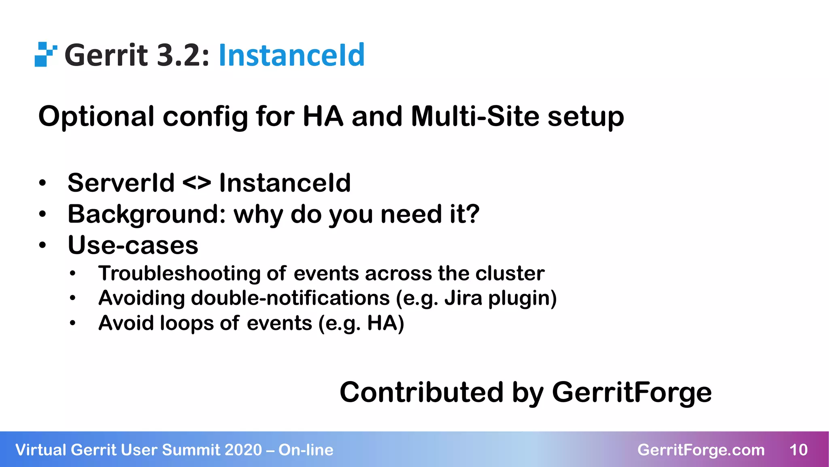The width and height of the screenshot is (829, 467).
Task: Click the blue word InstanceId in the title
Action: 291,55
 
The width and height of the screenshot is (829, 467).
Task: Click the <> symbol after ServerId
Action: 197,182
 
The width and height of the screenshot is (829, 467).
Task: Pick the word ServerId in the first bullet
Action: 121,182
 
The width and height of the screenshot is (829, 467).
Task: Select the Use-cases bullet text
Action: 133,245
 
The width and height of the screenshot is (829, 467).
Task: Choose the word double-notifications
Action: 290,298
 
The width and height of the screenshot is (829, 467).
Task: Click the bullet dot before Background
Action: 43,214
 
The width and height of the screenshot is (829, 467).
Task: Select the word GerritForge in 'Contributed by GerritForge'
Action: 631,392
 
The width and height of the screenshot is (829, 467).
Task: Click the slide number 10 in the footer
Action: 798,450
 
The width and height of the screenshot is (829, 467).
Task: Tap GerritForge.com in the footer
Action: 701,450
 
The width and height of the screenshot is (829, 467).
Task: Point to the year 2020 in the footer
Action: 243,450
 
